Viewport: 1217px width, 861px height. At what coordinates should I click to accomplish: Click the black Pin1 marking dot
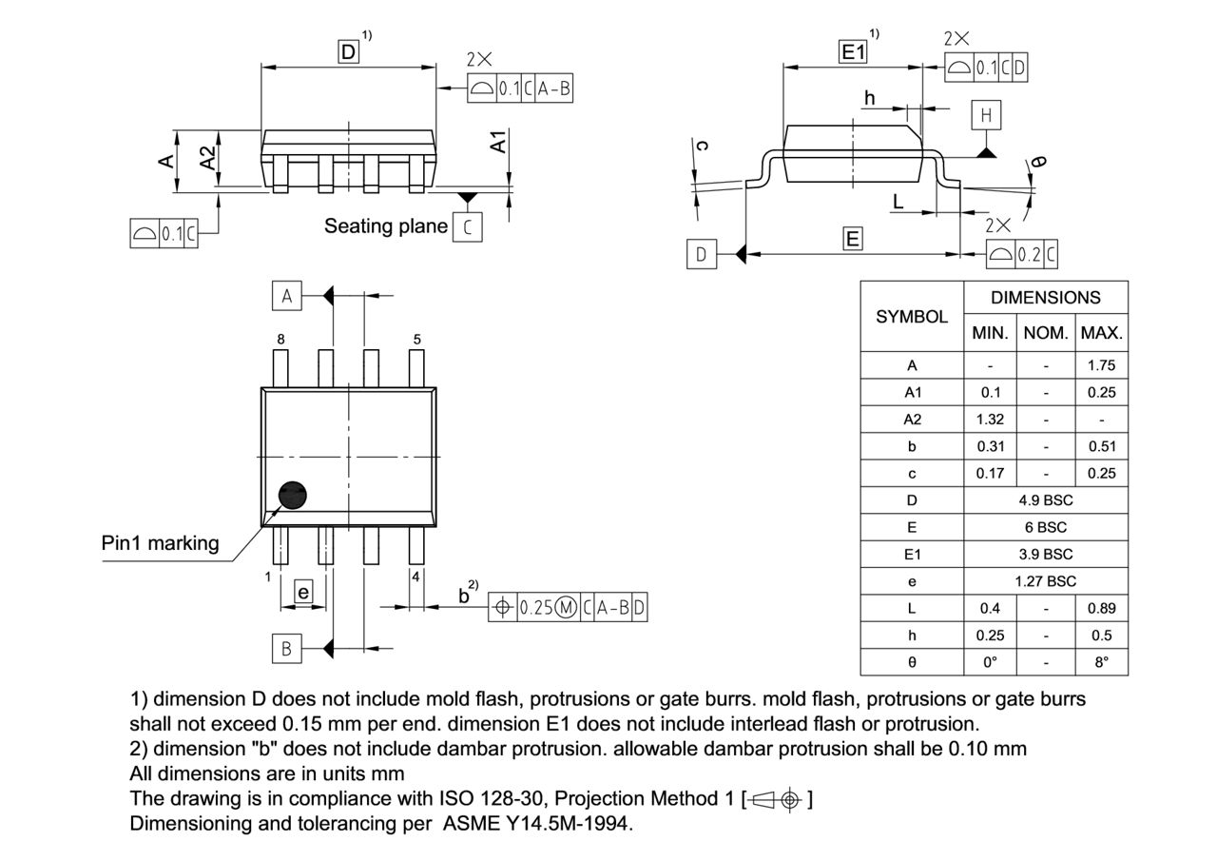[293, 495]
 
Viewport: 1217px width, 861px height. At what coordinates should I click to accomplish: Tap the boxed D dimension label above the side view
[349, 52]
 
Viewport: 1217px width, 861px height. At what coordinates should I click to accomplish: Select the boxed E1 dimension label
[853, 52]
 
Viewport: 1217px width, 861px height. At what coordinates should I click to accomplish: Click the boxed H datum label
[986, 115]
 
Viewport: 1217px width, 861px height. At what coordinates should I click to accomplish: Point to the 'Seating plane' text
[385, 226]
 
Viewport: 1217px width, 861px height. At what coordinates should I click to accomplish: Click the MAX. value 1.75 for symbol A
[1101, 365]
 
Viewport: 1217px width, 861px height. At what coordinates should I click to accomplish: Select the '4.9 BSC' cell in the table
[1046, 500]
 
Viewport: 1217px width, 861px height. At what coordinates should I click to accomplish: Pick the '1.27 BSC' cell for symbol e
[1046, 581]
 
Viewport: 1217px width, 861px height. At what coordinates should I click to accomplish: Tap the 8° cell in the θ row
[1101, 662]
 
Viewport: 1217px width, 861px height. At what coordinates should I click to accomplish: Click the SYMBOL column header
[912, 317]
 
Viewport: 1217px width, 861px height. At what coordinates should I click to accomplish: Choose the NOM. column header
[1046, 334]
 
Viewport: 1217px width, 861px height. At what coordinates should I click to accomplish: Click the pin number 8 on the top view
[280, 339]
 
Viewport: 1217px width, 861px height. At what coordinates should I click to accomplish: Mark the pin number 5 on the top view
[416, 339]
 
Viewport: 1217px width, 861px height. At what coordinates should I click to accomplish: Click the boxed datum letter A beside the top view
[286, 297]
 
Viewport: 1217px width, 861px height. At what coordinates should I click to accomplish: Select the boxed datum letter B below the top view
[286, 649]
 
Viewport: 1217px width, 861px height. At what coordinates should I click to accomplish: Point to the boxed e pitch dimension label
[303, 593]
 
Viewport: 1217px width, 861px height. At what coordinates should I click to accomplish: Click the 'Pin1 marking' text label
[160, 543]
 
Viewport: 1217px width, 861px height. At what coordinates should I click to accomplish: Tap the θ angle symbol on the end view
[1039, 162]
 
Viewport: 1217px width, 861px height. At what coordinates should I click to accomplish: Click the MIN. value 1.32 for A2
[990, 420]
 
